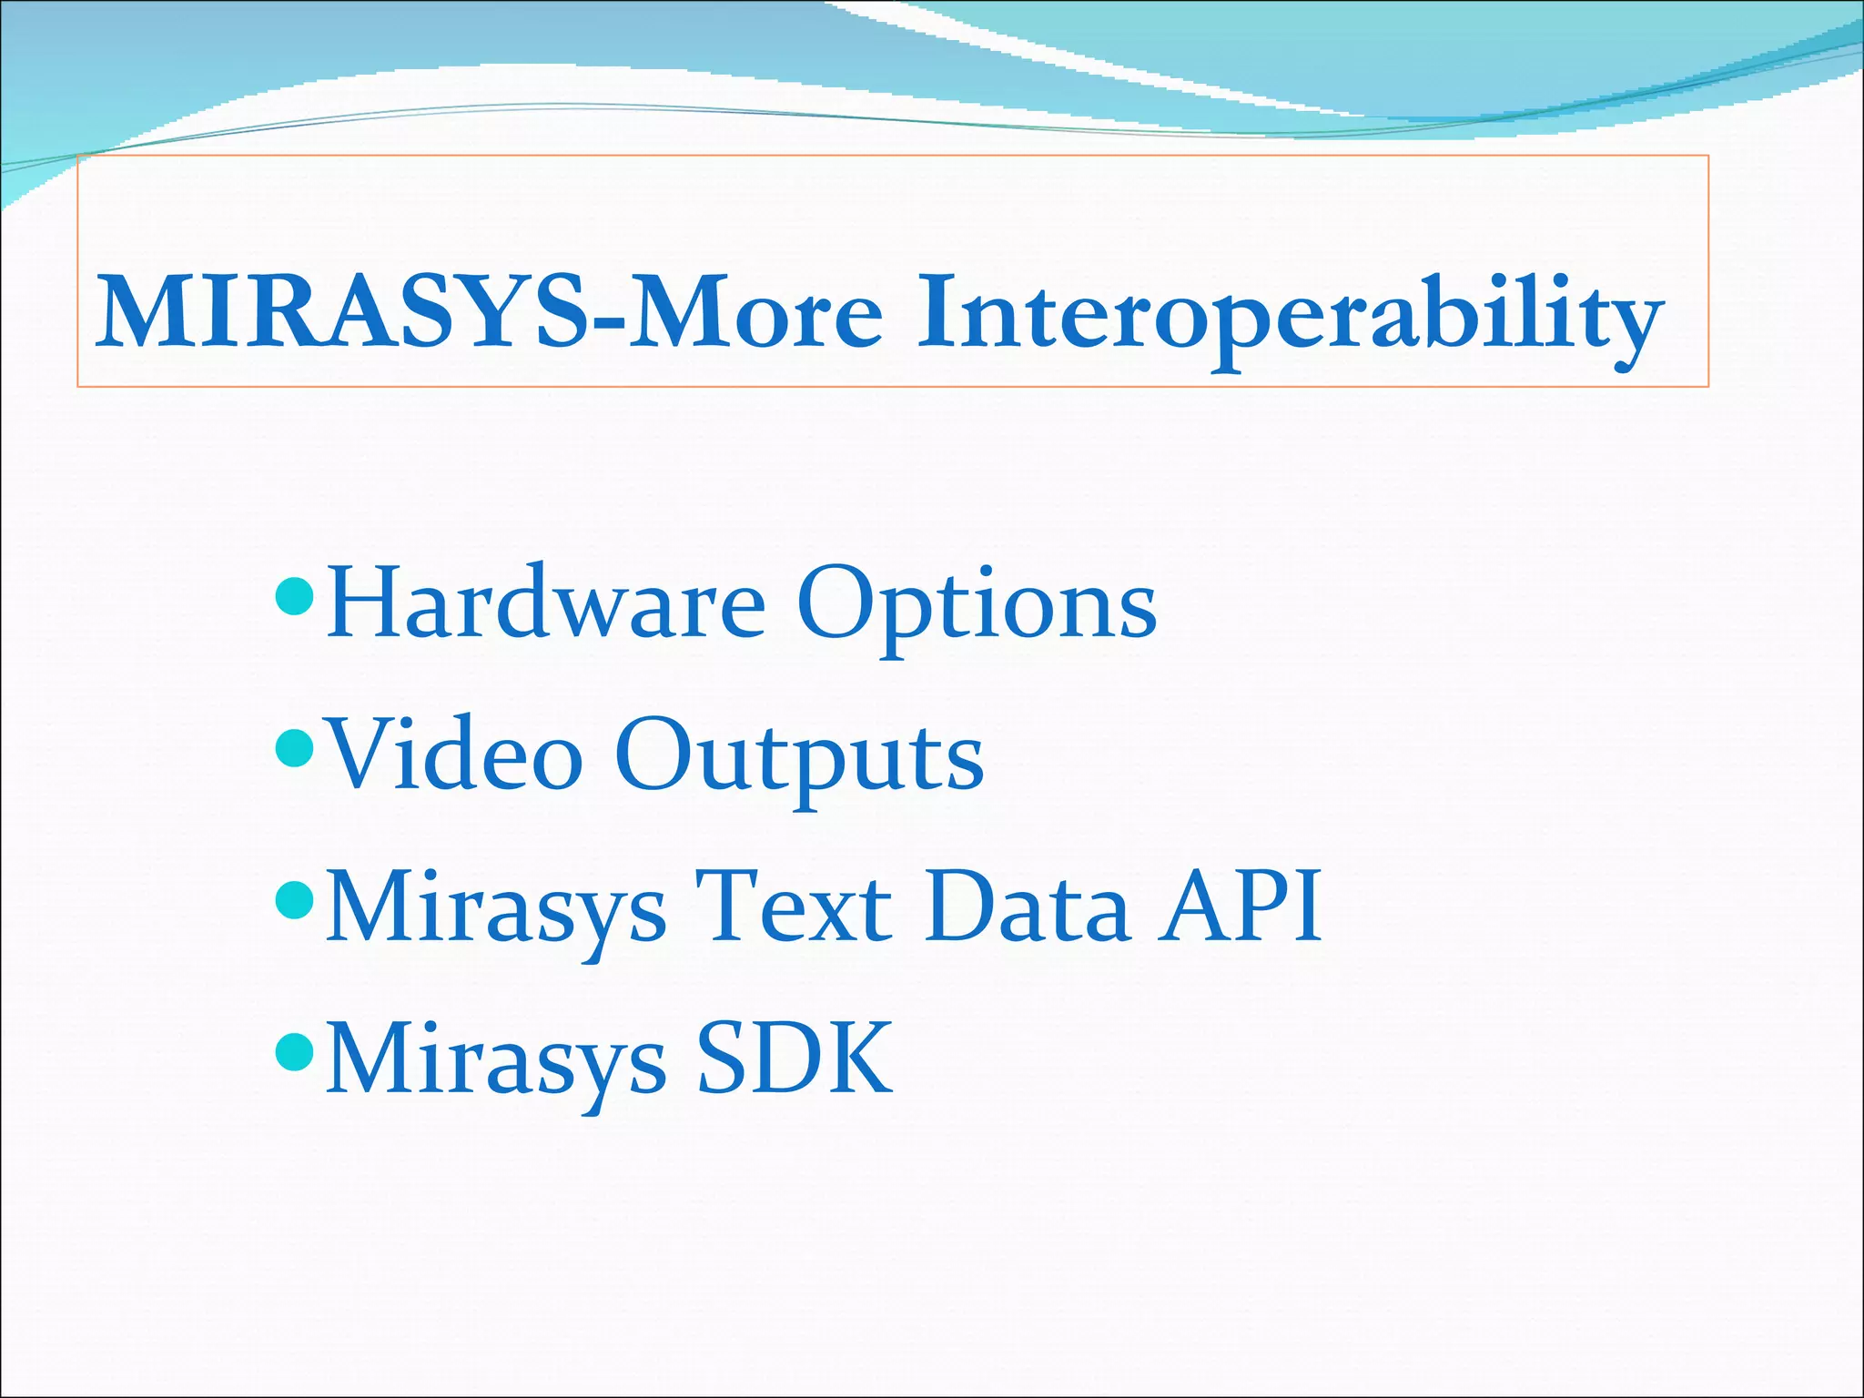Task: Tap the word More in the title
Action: (755, 311)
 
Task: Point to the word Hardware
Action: (546, 603)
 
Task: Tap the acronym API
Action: (1240, 907)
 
